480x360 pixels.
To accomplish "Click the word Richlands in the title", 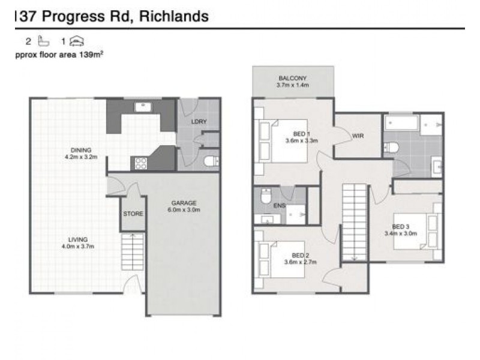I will point(173,17).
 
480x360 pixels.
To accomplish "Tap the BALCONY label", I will point(292,79).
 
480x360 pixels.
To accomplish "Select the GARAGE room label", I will point(184,203).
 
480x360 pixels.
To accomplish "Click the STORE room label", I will point(133,214).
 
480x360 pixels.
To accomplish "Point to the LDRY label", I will point(199,122).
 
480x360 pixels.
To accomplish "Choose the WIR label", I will point(358,136).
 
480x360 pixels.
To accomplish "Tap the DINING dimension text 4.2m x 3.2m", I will point(80,157).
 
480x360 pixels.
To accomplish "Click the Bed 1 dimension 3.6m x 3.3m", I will point(301,141).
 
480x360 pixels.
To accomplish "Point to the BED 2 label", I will point(301,255).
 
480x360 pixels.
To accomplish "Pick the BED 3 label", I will point(400,226).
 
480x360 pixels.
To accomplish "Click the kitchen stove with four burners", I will point(141,163).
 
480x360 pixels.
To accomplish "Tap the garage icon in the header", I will point(77,41).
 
